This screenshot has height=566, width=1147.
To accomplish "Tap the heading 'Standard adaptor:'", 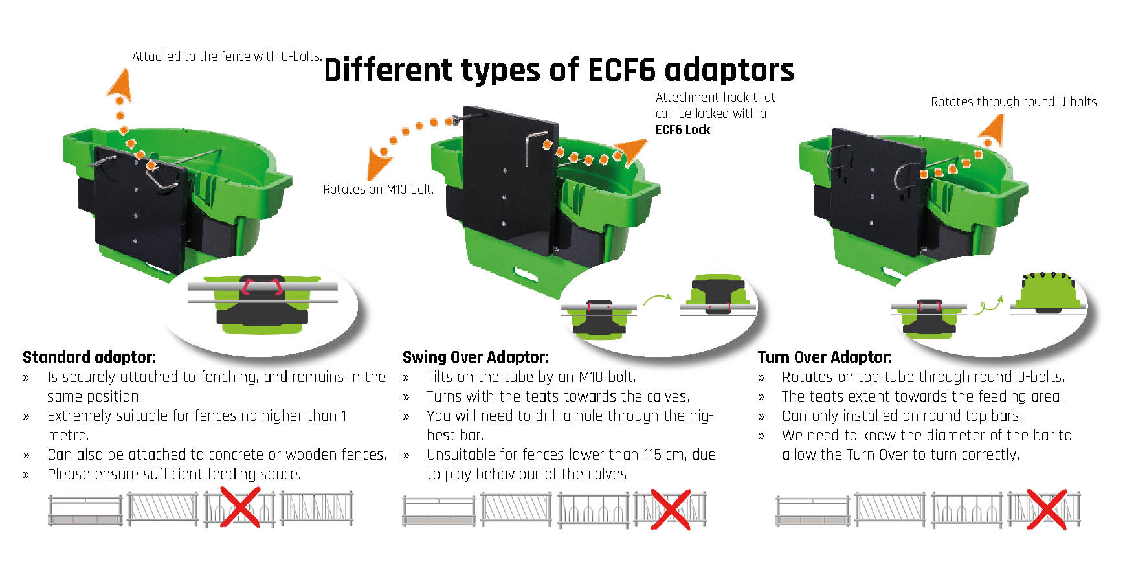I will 89,357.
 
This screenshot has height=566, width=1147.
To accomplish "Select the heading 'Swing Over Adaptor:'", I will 475,357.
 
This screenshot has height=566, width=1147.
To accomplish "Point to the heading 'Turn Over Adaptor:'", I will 824,357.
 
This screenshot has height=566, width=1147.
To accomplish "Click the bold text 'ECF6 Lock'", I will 682,130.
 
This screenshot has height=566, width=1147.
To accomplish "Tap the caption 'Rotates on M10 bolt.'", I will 378,189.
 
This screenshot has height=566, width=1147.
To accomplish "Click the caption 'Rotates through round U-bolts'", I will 1013,102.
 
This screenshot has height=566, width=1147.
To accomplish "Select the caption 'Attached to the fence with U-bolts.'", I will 227,56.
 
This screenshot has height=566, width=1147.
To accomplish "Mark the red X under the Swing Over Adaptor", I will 670,510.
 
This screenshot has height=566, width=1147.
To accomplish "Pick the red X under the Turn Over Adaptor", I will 1046,510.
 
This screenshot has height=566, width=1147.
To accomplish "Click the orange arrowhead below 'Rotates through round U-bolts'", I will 991,131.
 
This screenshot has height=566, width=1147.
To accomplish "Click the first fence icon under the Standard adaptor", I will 85,510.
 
